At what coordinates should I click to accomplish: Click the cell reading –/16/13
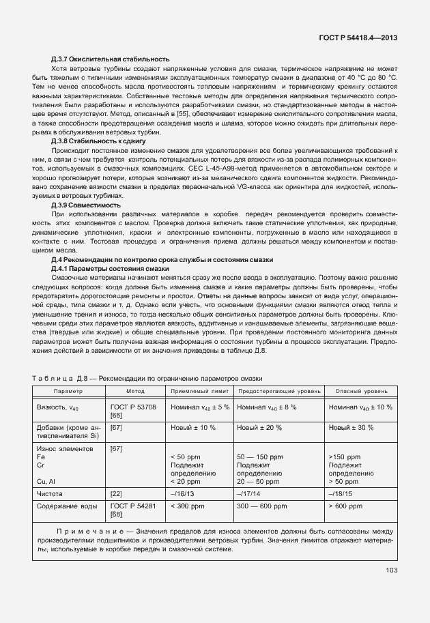point(183,492)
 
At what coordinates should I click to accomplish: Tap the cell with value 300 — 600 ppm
point(263,506)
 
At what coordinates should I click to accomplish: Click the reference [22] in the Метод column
point(116,492)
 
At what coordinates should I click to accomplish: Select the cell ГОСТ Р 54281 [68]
point(133,510)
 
